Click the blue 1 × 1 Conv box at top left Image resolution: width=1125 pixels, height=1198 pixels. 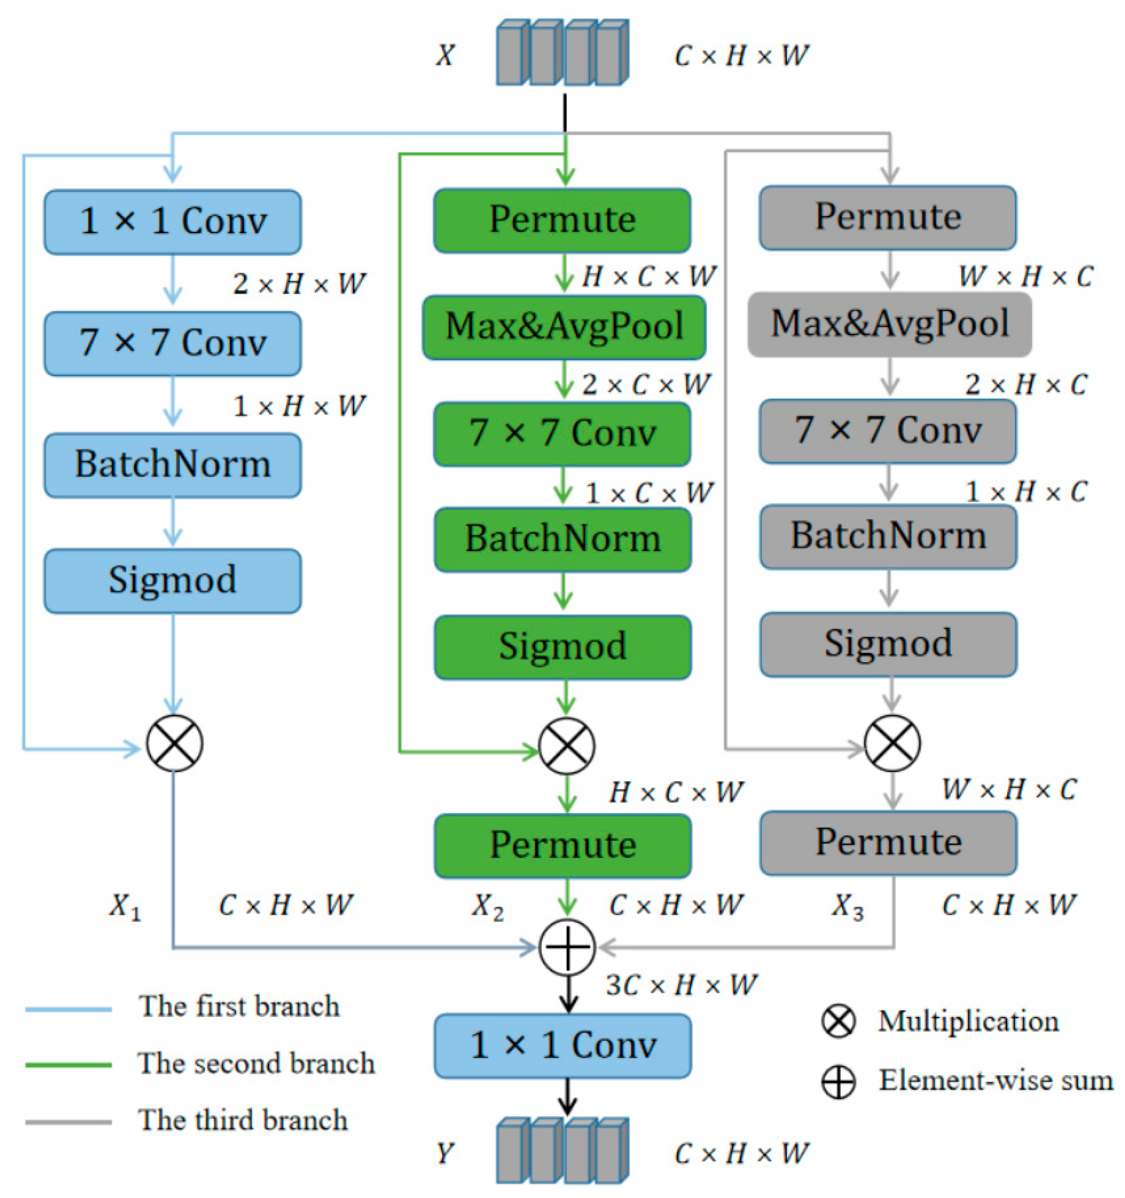pyautogui.click(x=172, y=222)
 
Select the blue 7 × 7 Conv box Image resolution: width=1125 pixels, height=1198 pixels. pyautogui.click(x=172, y=343)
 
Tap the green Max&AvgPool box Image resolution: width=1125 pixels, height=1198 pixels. pyautogui.click(x=564, y=327)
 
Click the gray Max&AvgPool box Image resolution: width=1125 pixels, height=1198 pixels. pyautogui.click(x=889, y=324)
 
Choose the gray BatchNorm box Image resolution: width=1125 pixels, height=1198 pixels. pyautogui.click(x=888, y=536)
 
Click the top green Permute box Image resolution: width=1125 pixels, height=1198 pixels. pyautogui.click(x=562, y=220)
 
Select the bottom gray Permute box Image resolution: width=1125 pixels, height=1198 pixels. pyautogui.click(x=888, y=843)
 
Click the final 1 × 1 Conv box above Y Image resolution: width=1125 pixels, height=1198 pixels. pyautogui.click(x=562, y=1046)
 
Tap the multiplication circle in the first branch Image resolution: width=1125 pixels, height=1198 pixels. pyautogui.click(x=175, y=743)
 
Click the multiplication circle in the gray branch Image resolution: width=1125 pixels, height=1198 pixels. pyautogui.click(x=891, y=743)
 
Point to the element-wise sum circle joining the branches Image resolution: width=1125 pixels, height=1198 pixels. pyautogui.click(x=567, y=947)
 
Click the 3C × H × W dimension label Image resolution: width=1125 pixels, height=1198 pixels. pyautogui.click(x=681, y=985)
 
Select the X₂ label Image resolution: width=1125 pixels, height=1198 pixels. pyautogui.click(x=486, y=906)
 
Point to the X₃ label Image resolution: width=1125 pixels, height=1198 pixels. pyautogui.click(x=847, y=906)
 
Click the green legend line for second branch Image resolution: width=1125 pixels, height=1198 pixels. pyautogui.click(x=68, y=1065)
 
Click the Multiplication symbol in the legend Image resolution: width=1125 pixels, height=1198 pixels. pyautogui.click(x=838, y=1021)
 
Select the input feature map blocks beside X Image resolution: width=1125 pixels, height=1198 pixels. pyautogui.click(x=562, y=53)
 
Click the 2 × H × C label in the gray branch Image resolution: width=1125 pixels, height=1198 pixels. pyautogui.click(x=1025, y=384)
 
